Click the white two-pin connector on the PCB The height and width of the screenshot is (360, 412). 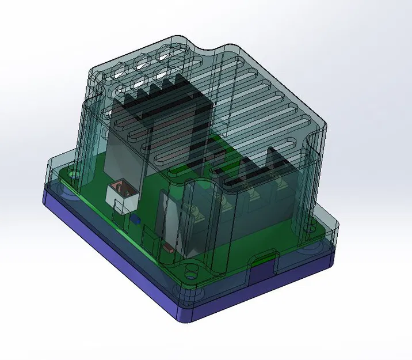[x=122, y=195]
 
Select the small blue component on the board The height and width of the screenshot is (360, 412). [x=135, y=219]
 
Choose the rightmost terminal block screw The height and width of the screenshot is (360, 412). [x=282, y=185]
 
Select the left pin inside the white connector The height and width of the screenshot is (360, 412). [x=118, y=187]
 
